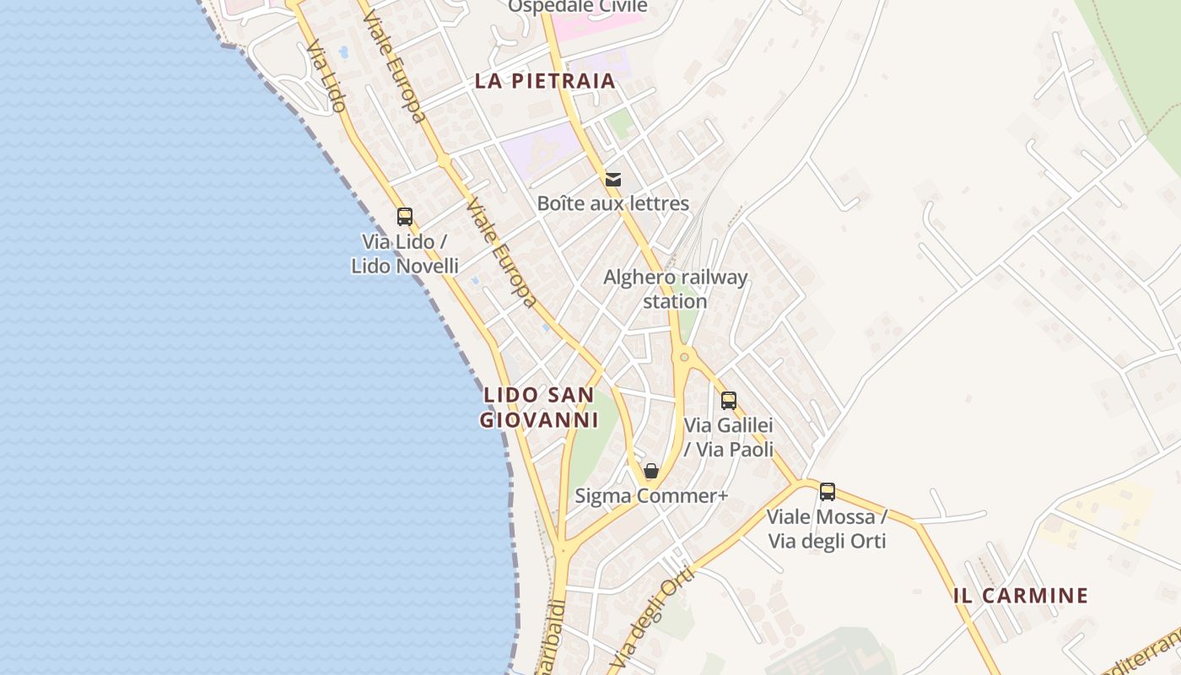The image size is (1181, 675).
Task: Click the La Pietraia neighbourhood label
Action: (545, 81)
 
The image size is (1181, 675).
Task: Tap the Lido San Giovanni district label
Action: (539, 407)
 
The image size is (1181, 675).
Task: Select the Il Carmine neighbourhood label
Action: (1021, 595)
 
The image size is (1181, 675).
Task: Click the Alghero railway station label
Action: (675, 289)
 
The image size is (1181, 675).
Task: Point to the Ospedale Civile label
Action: (578, 7)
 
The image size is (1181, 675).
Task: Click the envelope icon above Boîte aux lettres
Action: (613, 179)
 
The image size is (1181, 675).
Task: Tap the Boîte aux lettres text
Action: (613, 203)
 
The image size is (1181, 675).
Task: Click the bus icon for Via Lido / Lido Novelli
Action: (405, 217)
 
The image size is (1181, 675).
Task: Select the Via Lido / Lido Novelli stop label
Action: (405, 254)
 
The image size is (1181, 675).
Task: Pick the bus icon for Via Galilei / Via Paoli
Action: (729, 401)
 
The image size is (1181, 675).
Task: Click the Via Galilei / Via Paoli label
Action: (729, 437)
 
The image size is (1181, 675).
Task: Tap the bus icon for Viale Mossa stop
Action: (828, 491)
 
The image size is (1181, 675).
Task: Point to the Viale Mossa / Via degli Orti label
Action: (827, 528)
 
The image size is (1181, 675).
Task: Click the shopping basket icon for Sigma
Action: (651, 471)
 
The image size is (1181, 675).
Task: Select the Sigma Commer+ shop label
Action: (651, 495)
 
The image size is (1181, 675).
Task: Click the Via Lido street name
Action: (326, 78)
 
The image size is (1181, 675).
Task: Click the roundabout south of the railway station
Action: (684, 358)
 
